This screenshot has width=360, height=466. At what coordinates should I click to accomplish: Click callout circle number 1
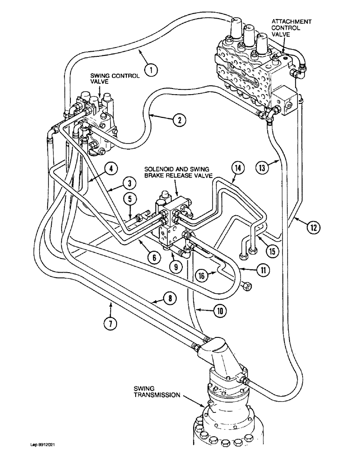tap(151, 70)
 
